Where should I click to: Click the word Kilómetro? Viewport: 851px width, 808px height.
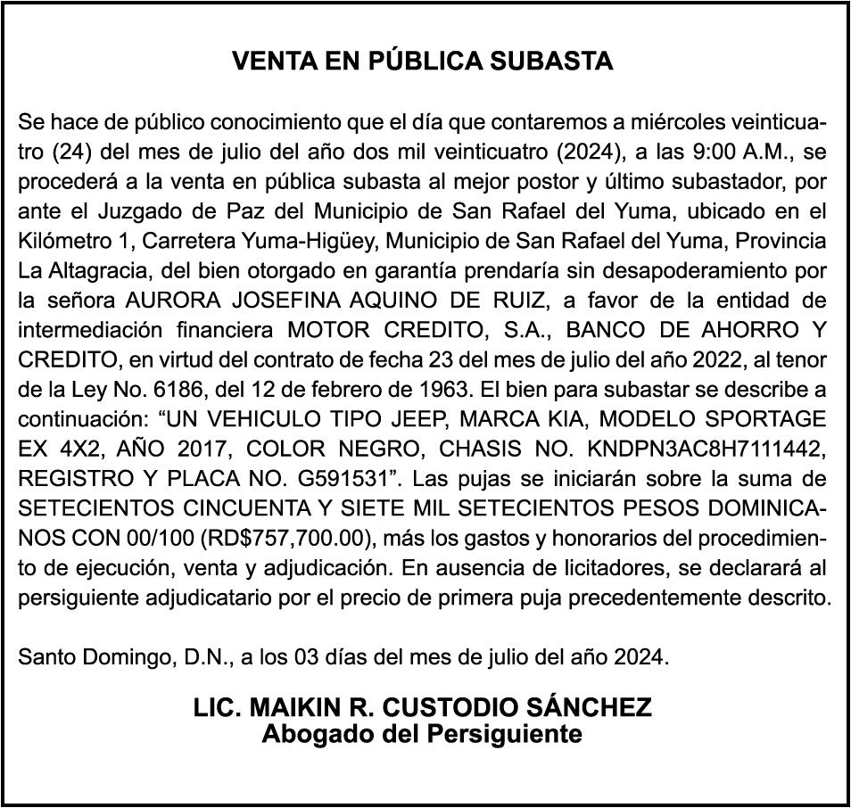59,241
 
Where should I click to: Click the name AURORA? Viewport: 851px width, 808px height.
165,301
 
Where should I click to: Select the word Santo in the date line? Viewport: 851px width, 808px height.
47,658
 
